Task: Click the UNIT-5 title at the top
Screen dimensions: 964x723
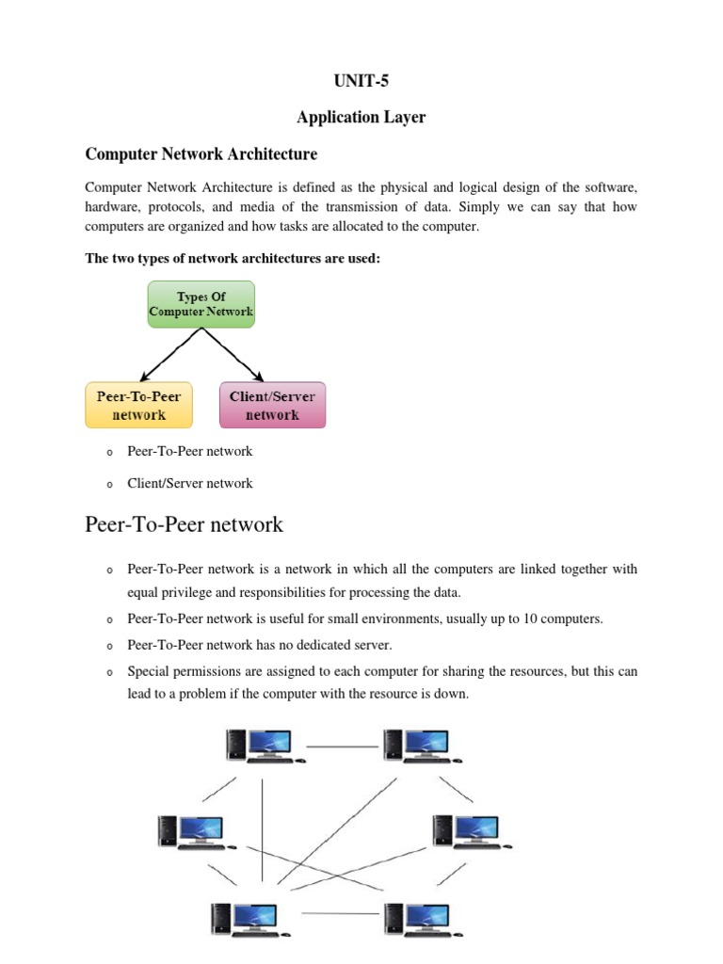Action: (361, 81)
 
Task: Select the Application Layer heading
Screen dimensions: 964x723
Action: (361, 118)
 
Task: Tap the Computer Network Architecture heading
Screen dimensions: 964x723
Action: (201, 153)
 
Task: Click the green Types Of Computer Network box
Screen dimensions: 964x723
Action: (201, 303)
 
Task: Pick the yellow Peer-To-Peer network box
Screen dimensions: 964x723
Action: (138, 405)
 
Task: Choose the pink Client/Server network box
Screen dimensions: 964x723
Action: (272, 405)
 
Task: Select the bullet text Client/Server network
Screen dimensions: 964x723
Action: (189, 483)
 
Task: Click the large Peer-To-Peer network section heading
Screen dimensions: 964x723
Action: (184, 523)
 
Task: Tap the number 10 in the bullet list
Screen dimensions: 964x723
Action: (495, 619)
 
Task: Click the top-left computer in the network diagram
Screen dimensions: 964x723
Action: (263, 745)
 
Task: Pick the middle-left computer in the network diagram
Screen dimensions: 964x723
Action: (194, 831)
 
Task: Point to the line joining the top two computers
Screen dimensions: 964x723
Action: (342, 747)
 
